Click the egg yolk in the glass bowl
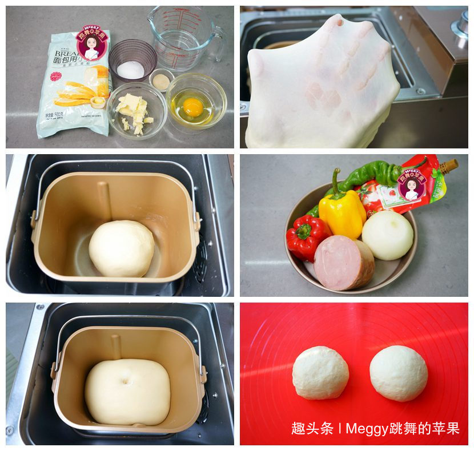[193, 106]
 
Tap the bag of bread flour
[71, 91]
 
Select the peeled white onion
[388, 235]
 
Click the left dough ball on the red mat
[320, 373]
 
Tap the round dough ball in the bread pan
[121, 248]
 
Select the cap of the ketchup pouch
[448, 166]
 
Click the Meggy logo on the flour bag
[92, 42]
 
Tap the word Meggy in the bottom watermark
[365, 429]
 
